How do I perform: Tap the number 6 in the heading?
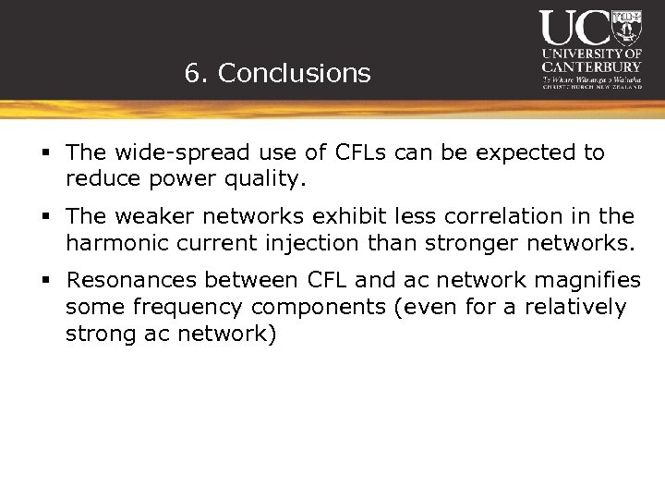click(x=192, y=74)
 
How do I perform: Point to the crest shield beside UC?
click(x=627, y=28)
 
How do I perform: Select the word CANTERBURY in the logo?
click(x=591, y=67)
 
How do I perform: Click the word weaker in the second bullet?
click(x=152, y=216)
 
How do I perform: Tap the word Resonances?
click(x=131, y=280)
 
